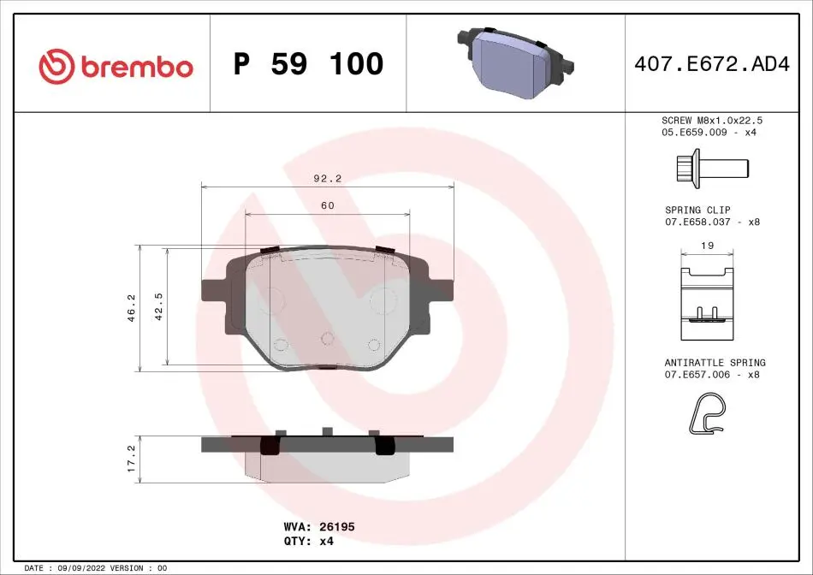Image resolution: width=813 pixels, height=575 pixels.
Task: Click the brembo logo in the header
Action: pyautogui.click(x=116, y=67)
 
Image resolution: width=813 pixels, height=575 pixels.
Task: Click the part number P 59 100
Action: pyautogui.click(x=308, y=64)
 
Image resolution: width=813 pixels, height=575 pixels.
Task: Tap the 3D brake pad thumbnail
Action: pyautogui.click(x=515, y=62)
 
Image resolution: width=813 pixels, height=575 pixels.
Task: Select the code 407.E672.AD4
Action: pyautogui.click(x=712, y=64)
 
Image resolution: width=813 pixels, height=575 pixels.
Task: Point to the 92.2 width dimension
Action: pyautogui.click(x=328, y=178)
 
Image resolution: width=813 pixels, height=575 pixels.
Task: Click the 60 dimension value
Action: pyautogui.click(x=328, y=205)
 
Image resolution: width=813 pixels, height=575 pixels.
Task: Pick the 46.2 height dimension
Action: pyautogui.click(x=131, y=308)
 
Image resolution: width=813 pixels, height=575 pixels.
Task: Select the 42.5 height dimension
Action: pyautogui.click(x=158, y=306)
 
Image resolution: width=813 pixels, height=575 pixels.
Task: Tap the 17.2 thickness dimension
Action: pyautogui.click(x=131, y=459)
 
